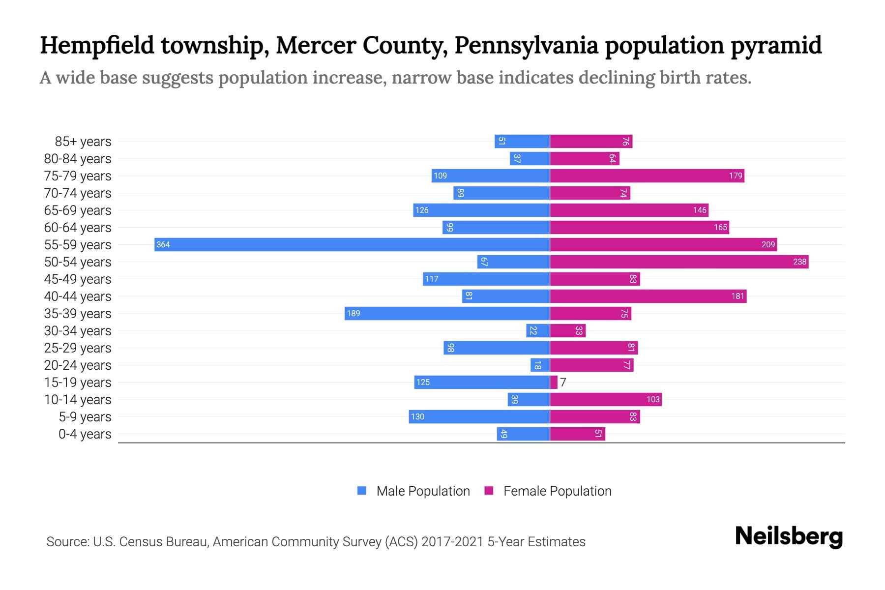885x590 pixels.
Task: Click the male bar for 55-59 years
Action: pos(352,244)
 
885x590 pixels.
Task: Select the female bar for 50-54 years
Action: pos(678,262)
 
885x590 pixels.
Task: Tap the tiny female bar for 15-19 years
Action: pos(554,382)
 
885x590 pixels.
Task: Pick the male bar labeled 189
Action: pos(447,313)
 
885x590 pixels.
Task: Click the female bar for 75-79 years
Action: pos(647,176)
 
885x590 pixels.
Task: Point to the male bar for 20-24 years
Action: pos(540,365)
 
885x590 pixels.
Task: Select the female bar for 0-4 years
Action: pos(577,434)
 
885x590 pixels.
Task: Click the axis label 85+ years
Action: pos(83,142)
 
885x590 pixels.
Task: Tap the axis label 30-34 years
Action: pos(78,331)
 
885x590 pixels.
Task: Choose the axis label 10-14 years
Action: pos(78,400)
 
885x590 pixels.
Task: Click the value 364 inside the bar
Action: pos(163,245)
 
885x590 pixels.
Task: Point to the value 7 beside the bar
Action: pos(563,382)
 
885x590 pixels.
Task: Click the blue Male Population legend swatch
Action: pos(362,491)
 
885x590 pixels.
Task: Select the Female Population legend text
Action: pos(557,491)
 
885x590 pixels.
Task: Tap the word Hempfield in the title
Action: pos(97,45)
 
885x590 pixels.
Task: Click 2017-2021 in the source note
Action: pos(452,542)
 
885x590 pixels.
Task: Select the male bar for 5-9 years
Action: pos(479,416)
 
